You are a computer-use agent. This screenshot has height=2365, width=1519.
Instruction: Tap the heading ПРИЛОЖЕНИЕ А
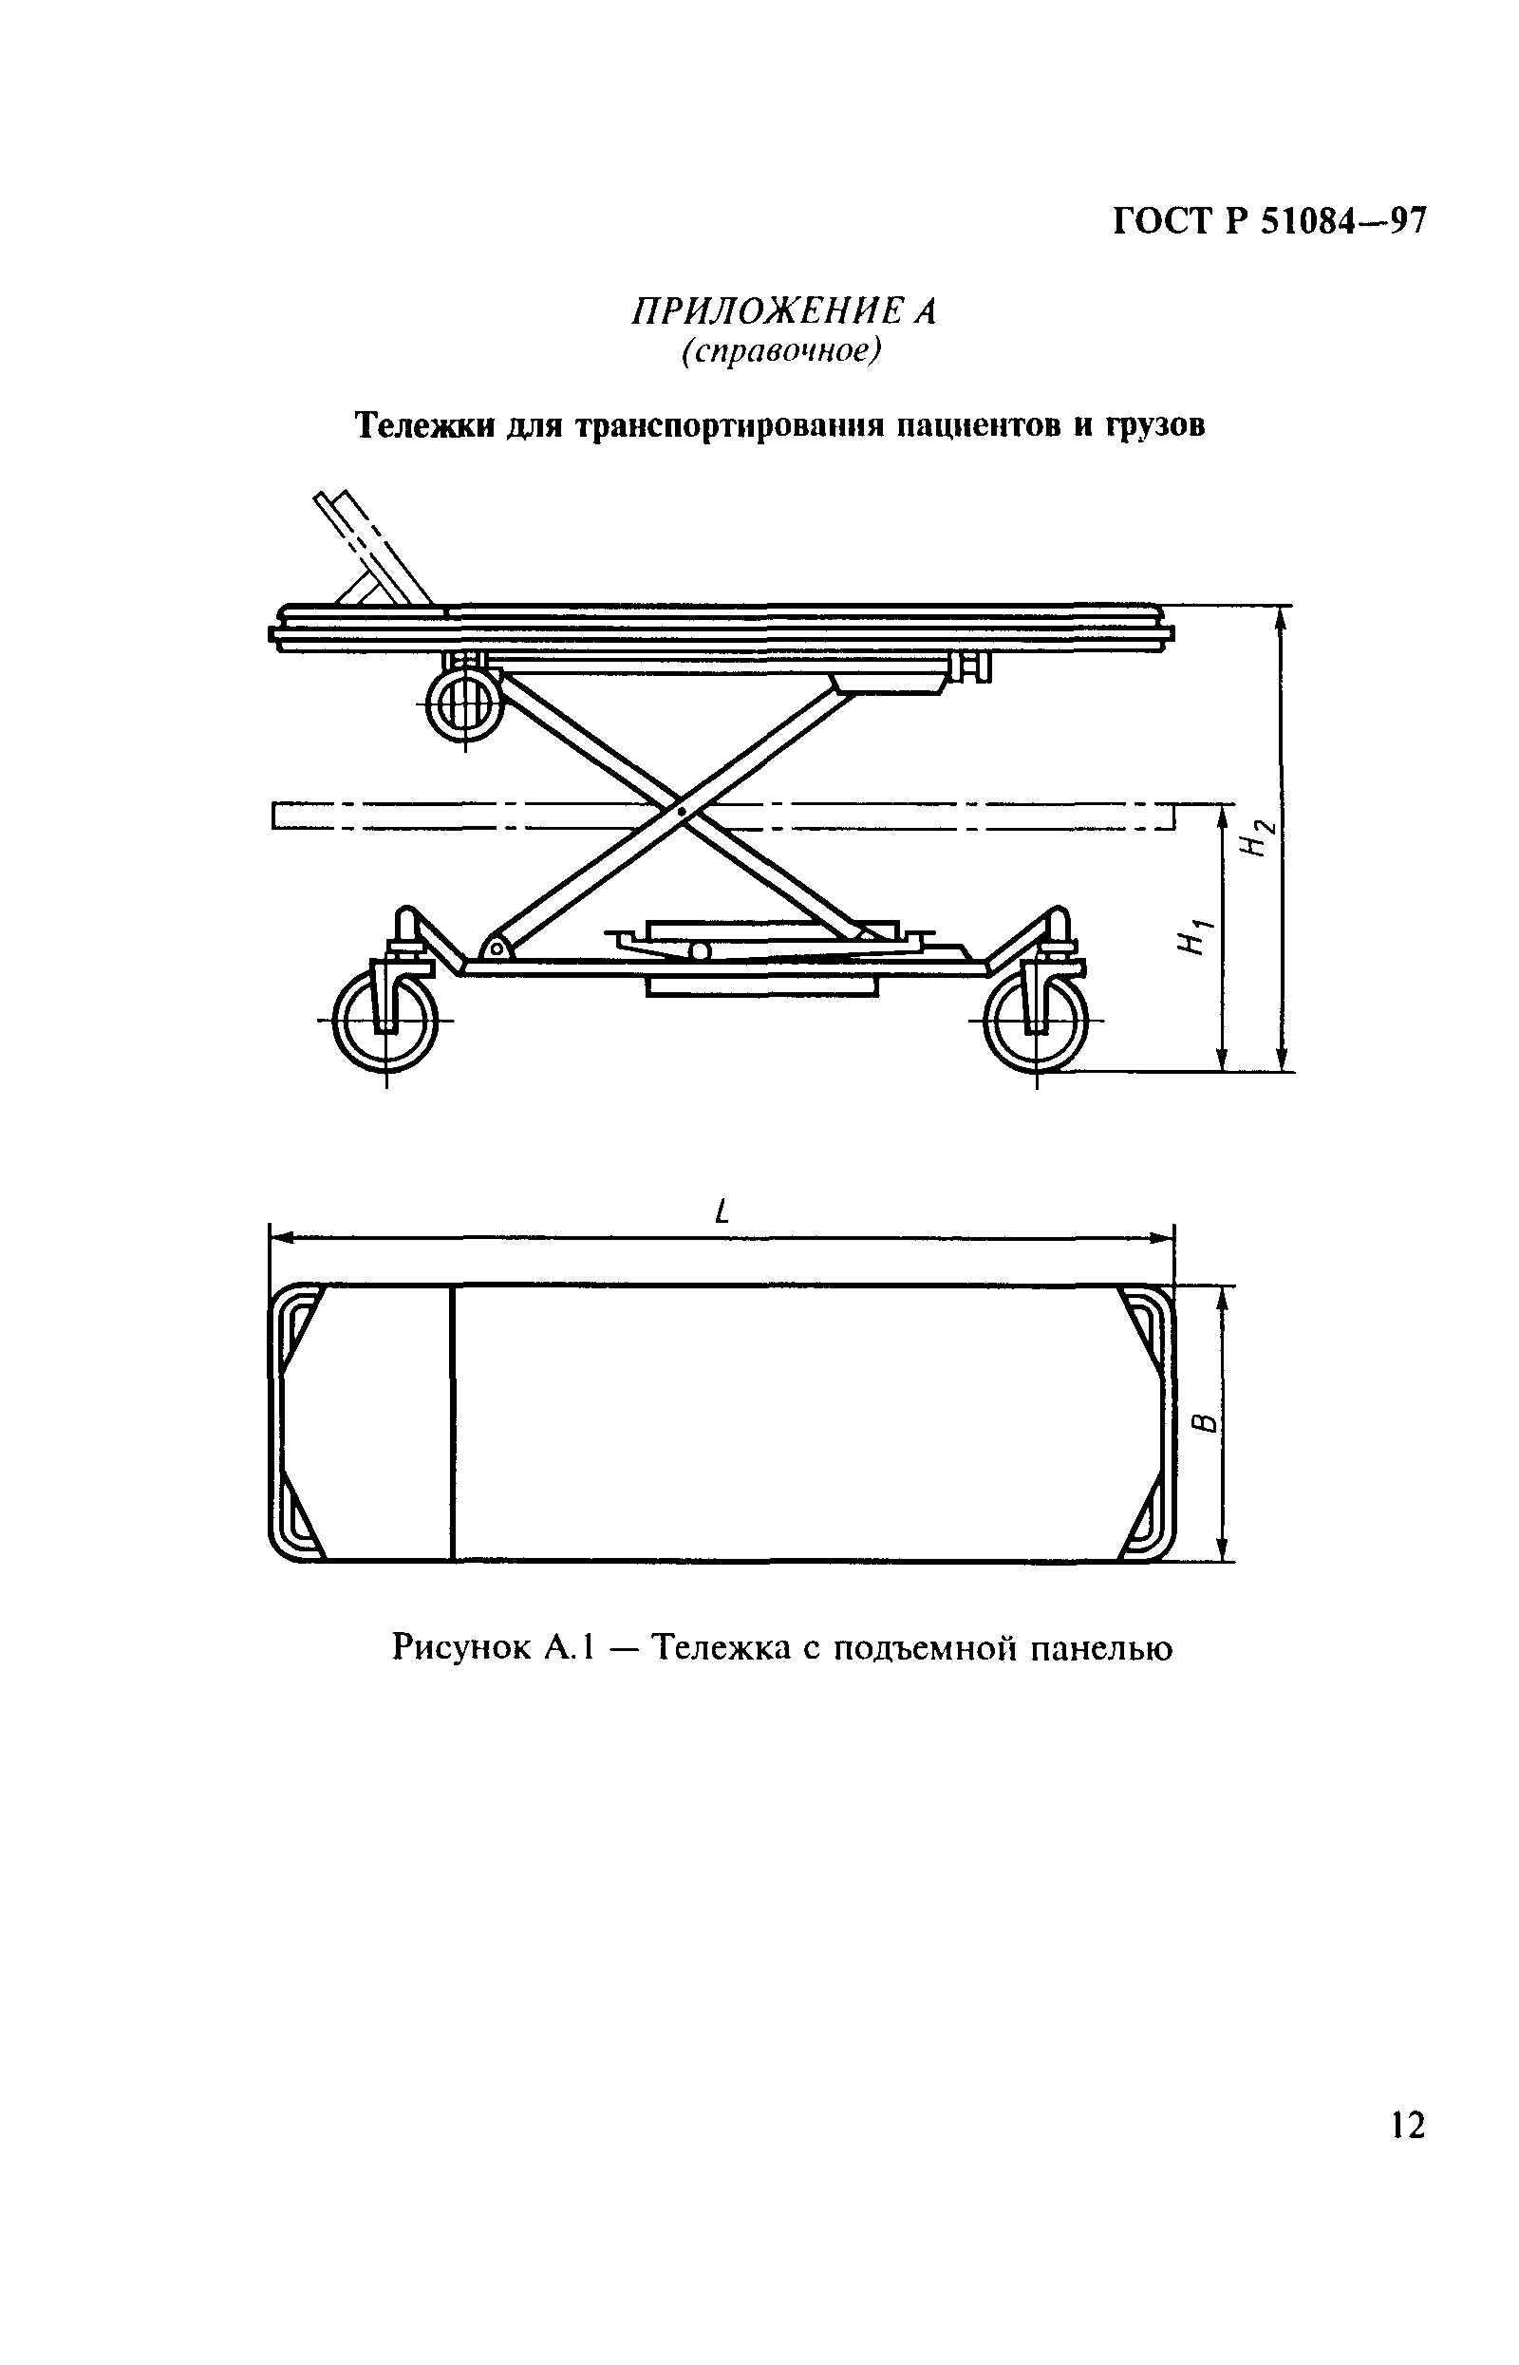pyautogui.click(x=783, y=311)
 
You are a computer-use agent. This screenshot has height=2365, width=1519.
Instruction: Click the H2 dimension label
pyautogui.click(x=1259, y=839)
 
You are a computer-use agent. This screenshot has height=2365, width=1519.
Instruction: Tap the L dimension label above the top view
pyautogui.click(x=723, y=1211)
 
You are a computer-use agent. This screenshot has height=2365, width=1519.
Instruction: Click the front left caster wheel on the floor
pyautogui.click(x=385, y=1021)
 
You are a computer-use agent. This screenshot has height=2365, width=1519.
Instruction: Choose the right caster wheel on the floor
pyautogui.click(x=1037, y=1021)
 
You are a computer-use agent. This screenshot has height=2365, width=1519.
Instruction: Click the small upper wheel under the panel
pyautogui.click(x=464, y=705)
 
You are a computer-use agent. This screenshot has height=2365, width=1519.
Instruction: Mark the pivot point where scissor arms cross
pyautogui.click(x=682, y=811)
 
